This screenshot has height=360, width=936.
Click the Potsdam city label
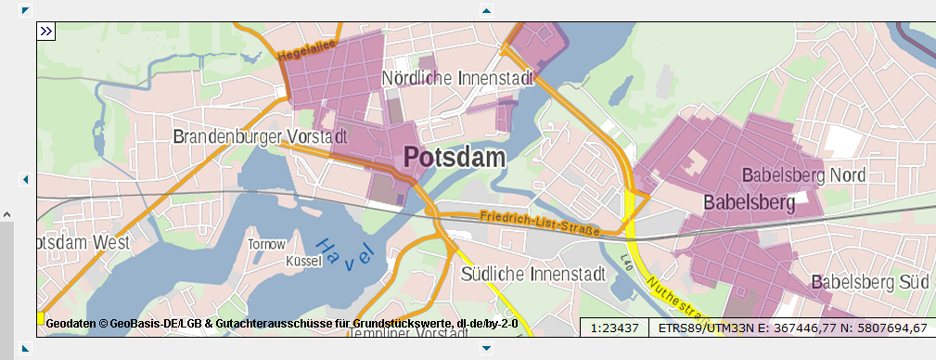pyautogui.click(x=455, y=157)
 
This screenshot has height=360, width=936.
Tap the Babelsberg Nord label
pyautogui.click(x=803, y=174)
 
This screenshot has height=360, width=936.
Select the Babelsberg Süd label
pyautogui.click(x=869, y=281)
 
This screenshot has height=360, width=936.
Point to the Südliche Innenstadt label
pyautogui.click(x=532, y=274)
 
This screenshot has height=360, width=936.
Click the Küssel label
pyautogui.click(x=303, y=262)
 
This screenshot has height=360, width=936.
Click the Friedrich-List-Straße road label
pyautogui.click(x=540, y=223)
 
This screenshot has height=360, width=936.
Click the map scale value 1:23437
pyautogui.click(x=613, y=328)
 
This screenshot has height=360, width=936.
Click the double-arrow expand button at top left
pyautogui.click(x=46, y=32)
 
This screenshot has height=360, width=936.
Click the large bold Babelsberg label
pyautogui.click(x=750, y=201)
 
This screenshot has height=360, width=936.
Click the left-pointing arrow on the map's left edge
pyautogui.click(x=25, y=179)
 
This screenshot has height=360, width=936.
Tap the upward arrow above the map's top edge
pyautogui.click(x=485, y=10)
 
